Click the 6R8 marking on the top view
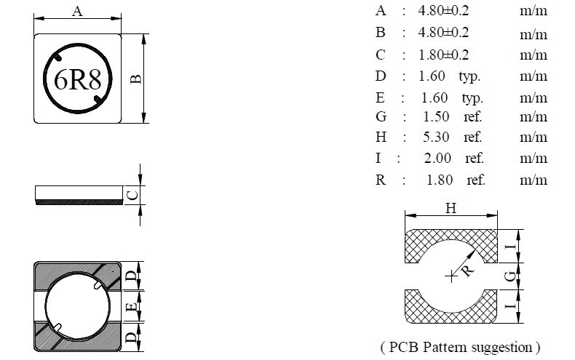[x=77, y=81]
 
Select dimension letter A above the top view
[x=77, y=10]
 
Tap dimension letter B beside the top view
[x=136, y=79]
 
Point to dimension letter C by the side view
[x=132, y=194]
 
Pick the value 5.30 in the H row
[x=436, y=137]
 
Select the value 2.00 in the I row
[x=437, y=159]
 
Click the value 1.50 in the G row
[x=436, y=117]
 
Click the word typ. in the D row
[x=470, y=76]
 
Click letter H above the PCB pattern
[x=451, y=209]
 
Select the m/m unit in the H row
[x=533, y=137]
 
